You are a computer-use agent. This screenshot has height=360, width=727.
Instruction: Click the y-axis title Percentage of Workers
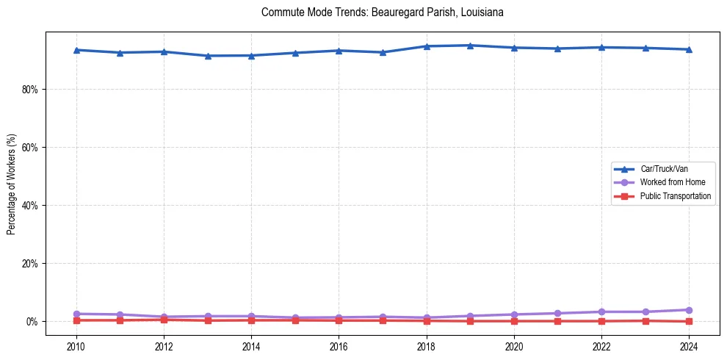(12, 184)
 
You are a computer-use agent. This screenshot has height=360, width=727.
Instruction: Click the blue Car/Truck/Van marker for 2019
(470, 46)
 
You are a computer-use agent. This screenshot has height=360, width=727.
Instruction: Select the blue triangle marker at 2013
(207, 56)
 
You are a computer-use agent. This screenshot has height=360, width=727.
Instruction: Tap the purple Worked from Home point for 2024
(689, 310)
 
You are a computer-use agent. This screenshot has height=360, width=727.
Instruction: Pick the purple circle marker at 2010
(76, 314)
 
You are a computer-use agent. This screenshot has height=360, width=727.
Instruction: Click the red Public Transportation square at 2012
(163, 320)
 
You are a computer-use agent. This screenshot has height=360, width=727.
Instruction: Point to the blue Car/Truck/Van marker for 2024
(689, 49)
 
